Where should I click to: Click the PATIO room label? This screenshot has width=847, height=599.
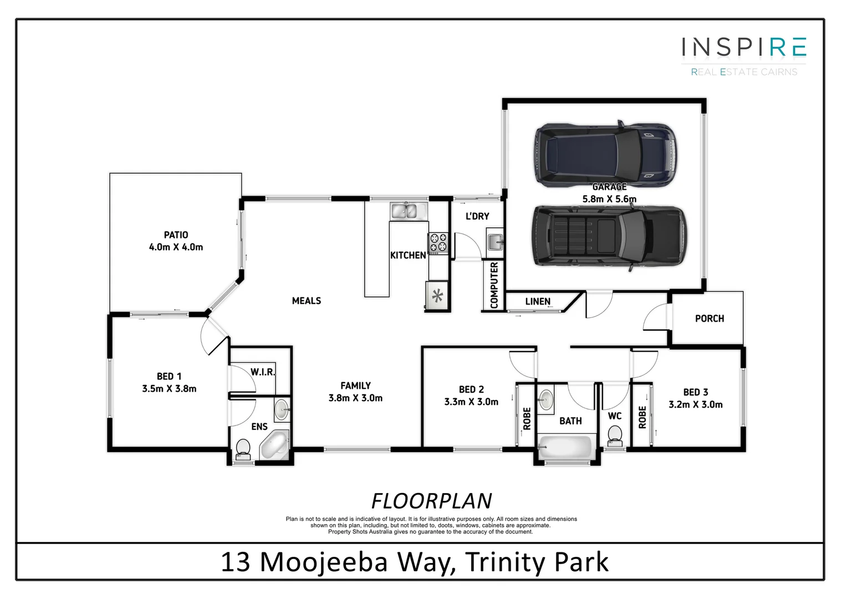coord(176,235)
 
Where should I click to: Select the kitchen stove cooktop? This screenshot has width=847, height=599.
coord(437,243)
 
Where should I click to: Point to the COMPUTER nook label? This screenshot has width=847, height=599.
coord(494,285)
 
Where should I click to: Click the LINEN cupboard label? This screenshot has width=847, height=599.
coord(538,302)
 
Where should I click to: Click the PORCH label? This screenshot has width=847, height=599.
coord(710,318)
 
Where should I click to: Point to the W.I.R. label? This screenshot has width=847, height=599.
coord(263,372)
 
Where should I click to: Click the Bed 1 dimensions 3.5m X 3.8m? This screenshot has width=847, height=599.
coord(169,389)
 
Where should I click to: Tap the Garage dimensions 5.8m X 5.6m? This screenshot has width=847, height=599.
coord(609,199)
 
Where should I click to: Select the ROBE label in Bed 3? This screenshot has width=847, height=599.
coord(642,417)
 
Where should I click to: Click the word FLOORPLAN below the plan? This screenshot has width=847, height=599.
coord(431,501)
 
